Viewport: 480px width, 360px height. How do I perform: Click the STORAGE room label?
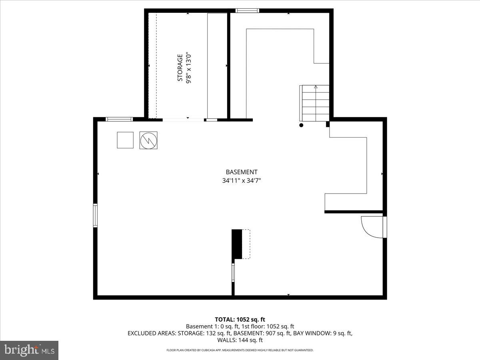[180, 68]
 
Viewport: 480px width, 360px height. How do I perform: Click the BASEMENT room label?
[242, 172]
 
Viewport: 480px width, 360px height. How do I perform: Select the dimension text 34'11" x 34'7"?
[242, 180]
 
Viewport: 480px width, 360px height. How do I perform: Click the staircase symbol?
[315, 103]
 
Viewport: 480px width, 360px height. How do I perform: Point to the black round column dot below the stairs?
[301, 125]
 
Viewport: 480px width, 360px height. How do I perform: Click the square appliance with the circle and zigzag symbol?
[148, 140]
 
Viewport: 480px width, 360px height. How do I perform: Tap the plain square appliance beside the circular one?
[125, 140]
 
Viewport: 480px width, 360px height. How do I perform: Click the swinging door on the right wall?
[373, 227]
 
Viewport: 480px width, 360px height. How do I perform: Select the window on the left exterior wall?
[95, 215]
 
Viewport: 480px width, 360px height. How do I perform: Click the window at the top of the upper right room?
[247, 11]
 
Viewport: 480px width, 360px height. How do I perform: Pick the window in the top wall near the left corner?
[119, 119]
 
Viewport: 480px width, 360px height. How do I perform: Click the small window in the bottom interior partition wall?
[233, 273]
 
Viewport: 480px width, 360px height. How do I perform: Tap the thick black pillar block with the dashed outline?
[237, 244]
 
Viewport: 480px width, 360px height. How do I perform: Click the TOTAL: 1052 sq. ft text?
[240, 319]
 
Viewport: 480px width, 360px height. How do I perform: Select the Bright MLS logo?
[29, 350]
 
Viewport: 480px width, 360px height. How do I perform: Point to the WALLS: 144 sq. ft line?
[240, 340]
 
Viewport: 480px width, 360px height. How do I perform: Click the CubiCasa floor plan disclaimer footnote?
[240, 350]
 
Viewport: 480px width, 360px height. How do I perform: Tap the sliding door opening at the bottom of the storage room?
[183, 119]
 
